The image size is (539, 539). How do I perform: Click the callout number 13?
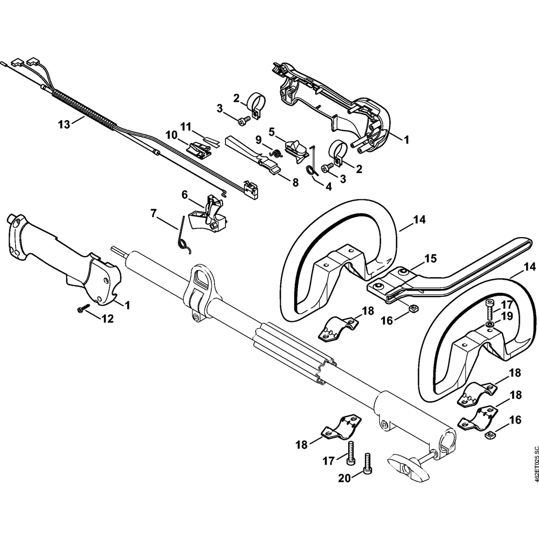[64, 124]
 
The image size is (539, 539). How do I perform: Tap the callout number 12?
[107, 319]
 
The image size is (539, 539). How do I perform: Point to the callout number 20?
[345, 478]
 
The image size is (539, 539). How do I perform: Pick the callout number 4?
[329, 187]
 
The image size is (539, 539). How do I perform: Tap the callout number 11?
[186, 127]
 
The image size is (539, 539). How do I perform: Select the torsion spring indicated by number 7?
[182, 237]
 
